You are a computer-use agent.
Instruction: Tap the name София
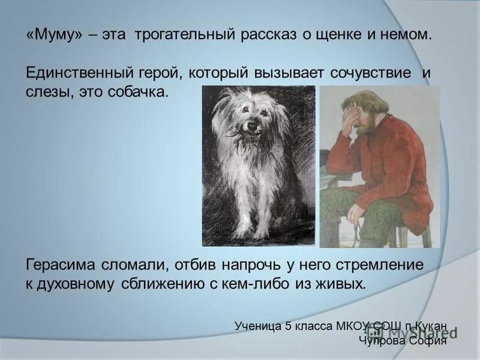click(430, 341)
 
